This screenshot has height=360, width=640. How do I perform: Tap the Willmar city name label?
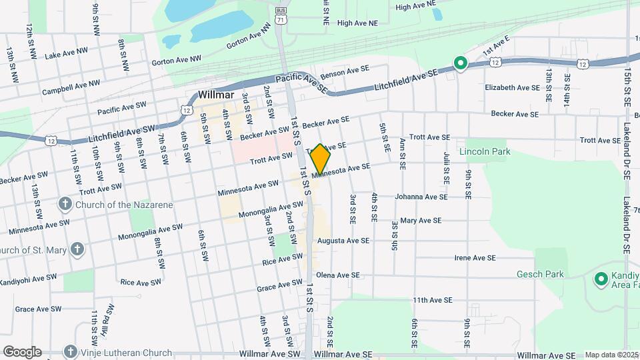215,95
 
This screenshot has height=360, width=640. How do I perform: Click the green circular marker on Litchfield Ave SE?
459,64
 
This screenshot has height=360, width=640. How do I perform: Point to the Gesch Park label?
540,274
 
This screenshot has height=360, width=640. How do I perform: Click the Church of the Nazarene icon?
65,204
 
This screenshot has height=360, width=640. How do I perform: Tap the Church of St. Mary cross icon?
77,251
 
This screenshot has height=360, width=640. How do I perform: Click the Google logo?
22,352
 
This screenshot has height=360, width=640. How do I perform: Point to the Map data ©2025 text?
611,355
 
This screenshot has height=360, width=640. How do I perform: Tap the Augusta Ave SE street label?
343,241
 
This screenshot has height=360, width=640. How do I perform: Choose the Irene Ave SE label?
475,258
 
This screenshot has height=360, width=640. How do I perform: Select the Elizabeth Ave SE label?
512,88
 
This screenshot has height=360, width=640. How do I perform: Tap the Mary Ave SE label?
420,221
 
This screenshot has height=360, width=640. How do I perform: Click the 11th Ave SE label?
432,301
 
